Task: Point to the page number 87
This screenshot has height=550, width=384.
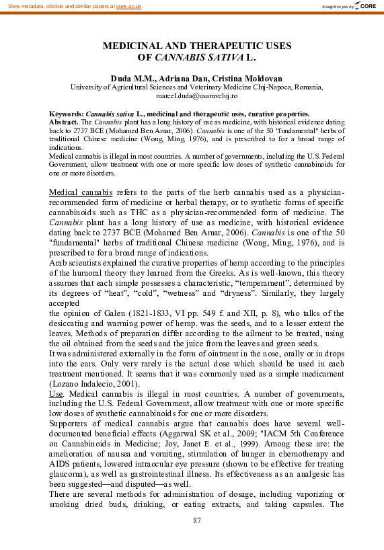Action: (x=196, y=521)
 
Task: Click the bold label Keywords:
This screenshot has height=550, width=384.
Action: (x=65, y=114)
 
